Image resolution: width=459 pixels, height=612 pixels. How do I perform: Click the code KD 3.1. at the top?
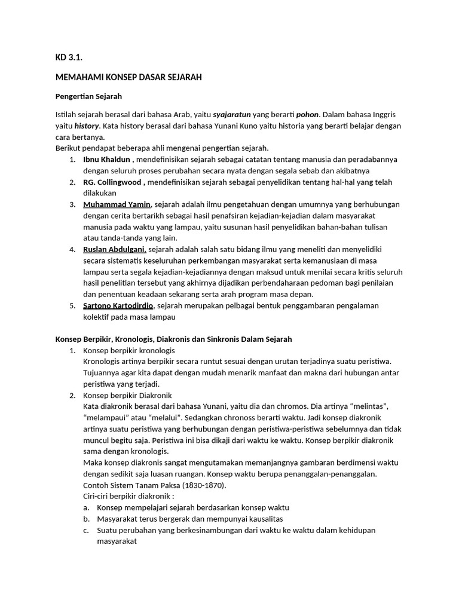pyautogui.click(x=68, y=58)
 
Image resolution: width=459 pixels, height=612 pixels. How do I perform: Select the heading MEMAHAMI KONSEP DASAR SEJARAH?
pyautogui.click(x=128, y=78)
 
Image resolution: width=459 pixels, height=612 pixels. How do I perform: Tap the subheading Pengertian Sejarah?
pyautogui.click(x=88, y=96)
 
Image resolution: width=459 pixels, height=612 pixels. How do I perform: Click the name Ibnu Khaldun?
pyautogui.click(x=108, y=160)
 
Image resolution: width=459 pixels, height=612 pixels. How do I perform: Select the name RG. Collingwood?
pyautogui.click(x=113, y=182)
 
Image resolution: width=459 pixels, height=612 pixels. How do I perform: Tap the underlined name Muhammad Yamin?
pyautogui.click(x=117, y=204)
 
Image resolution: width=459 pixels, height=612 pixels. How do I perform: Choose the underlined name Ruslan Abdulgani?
pyautogui.click(x=115, y=249)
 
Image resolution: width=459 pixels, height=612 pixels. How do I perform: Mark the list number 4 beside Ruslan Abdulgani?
pyautogui.click(x=72, y=249)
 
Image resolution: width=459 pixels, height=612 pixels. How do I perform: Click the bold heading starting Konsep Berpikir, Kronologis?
pyautogui.click(x=174, y=339)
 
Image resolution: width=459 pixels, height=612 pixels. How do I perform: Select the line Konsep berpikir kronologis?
pyautogui.click(x=129, y=350)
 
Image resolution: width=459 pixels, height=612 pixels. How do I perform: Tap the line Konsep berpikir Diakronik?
pyautogui.click(x=127, y=395)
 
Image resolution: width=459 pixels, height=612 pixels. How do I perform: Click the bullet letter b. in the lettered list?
pyautogui.click(x=87, y=519)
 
